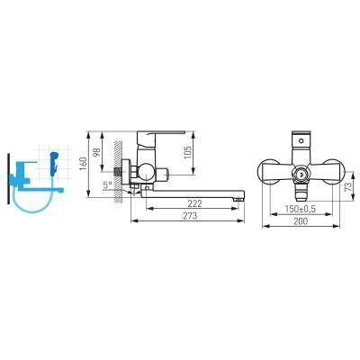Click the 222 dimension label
pos(195,203)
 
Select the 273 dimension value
pos(190,216)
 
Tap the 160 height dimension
pos(84,164)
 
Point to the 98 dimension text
pos(97,152)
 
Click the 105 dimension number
pos(187,153)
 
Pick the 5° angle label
pos(108,184)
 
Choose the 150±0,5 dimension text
pos(301,209)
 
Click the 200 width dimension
pos(301,221)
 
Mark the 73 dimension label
pos(348,186)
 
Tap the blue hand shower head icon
pos(53,162)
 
